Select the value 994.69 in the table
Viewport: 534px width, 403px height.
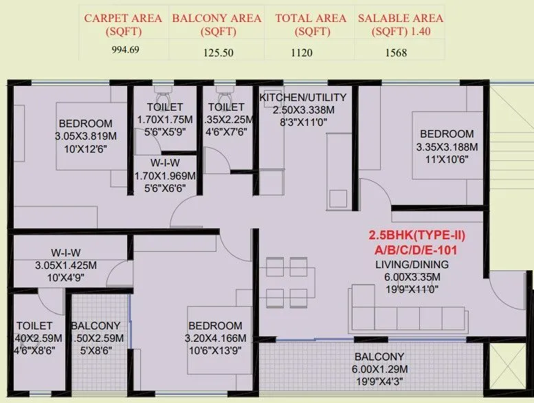click(x=125, y=50)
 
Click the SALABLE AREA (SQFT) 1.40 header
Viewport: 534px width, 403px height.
click(x=401, y=24)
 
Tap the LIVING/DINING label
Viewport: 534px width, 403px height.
click(x=412, y=265)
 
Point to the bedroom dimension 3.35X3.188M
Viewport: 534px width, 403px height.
click(x=447, y=146)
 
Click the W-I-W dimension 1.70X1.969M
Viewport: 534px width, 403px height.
click(x=165, y=176)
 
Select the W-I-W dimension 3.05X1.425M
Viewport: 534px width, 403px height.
click(x=66, y=265)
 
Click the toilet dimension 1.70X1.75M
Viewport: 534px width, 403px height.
click(x=165, y=119)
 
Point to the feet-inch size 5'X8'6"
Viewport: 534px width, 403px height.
click(x=96, y=350)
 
